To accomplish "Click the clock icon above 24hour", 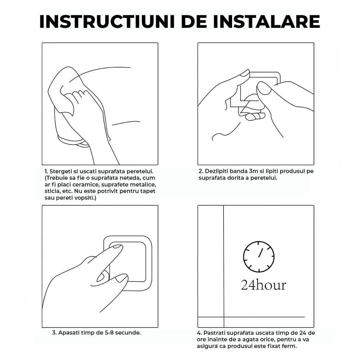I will [x=259, y=256].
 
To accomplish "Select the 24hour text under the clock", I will [x=263, y=285].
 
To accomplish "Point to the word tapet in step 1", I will [x=148, y=191].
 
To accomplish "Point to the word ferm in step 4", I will [x=291, y=346].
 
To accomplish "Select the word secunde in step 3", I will [x=127, y=333].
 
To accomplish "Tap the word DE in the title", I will [x=196, y=21].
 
